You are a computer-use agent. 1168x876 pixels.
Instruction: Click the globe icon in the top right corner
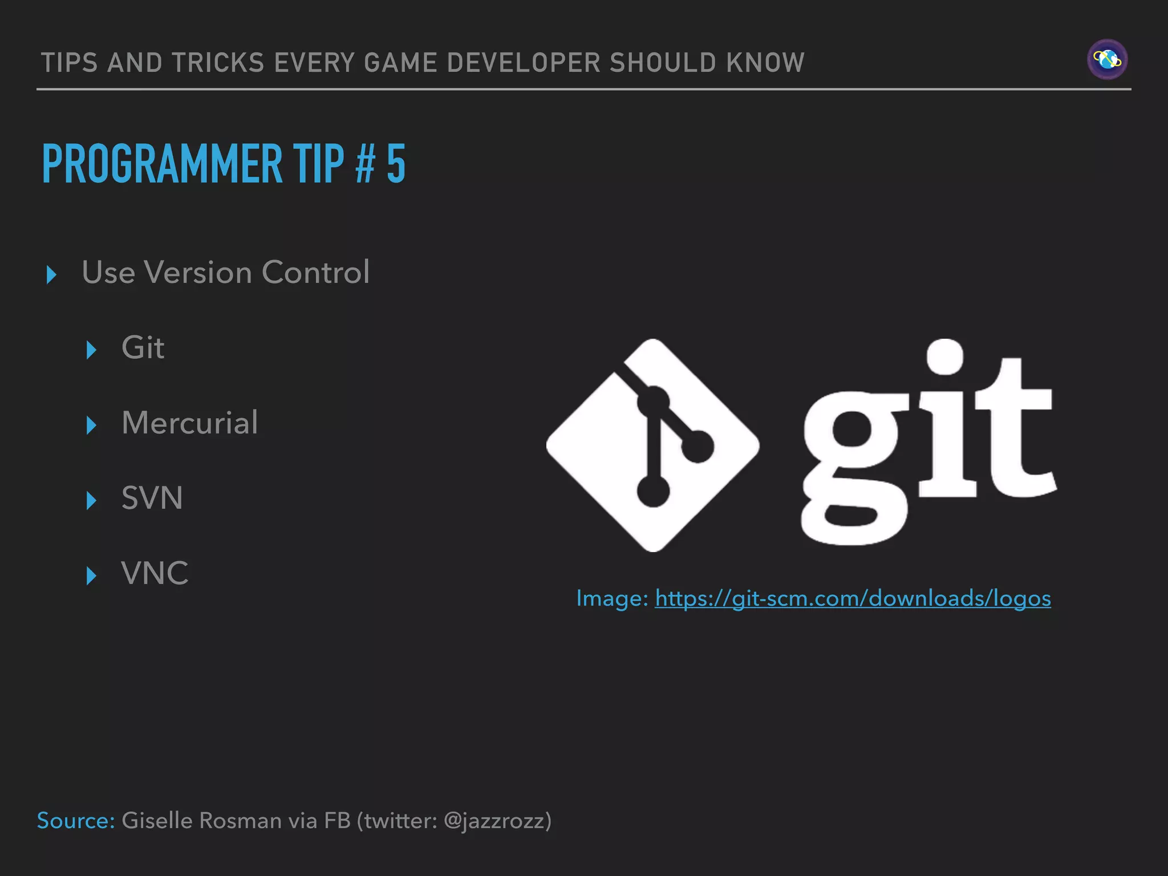tap(1107, 59)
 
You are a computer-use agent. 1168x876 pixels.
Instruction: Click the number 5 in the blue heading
tap(396, 164)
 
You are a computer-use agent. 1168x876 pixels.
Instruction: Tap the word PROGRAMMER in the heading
tap(162, 164)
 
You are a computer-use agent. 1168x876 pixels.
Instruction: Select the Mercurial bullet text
tap(189, 423)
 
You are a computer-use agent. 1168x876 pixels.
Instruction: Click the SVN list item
tap(152, 498)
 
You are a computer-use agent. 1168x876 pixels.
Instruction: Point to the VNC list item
tap(155, 573)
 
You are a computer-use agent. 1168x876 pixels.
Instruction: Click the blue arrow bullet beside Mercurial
tap(91, 425)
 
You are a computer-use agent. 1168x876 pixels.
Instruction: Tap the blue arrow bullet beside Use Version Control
tap(51, 275)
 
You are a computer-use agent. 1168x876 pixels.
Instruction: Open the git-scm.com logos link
tap(853, 598)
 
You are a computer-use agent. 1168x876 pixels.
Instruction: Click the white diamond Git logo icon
tap(652, 445)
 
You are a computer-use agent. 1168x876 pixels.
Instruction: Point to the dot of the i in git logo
tap(944, 356)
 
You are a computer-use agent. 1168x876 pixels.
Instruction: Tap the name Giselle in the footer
tap(157, 821)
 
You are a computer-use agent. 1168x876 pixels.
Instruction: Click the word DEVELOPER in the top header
tap(524, 63)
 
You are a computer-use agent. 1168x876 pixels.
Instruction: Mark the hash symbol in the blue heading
tap(365, 164)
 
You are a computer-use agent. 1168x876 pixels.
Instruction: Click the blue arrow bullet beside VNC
tap(91, 575)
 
